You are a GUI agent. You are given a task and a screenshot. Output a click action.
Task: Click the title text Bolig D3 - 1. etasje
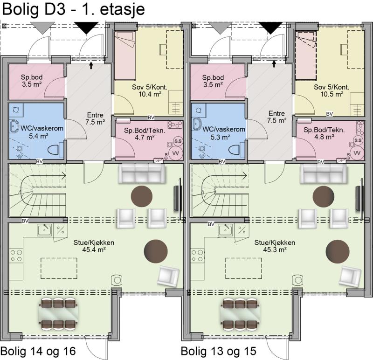tap(73, 9)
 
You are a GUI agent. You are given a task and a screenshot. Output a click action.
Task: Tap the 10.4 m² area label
tap(150, 95)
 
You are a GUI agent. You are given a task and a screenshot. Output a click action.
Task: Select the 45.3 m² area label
tap(275, 249)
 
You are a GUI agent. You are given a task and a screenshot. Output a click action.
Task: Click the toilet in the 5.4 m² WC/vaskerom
tap(55, 150)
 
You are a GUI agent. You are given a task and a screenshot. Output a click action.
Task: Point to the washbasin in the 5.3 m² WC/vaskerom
tap(196, 125)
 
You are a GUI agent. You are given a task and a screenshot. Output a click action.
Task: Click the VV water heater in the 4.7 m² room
tap(176, 153)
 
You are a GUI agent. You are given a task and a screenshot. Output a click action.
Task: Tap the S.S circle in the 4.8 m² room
tap(358, 140)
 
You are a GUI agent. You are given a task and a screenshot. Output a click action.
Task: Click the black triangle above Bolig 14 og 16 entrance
tap(86, 28)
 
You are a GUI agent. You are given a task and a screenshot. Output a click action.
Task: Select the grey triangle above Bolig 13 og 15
tap(220, 28)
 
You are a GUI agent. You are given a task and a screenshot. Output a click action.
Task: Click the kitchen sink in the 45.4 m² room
tap(44, 230)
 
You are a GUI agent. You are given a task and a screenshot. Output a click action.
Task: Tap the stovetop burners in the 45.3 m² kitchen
tap(197, 255)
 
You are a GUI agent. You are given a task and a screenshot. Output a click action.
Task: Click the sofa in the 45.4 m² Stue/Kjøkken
tap(142, 173)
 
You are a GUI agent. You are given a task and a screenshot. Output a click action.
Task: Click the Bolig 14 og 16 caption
tap(38, 351)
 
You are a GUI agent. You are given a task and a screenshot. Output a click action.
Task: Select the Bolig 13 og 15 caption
tap(219, 351)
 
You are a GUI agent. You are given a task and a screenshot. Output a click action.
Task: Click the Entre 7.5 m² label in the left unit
tap(95, 118)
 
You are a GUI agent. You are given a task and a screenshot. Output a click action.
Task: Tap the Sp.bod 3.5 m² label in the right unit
tap(213, 81)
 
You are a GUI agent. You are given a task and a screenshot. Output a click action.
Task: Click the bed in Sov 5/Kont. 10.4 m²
tap(124, 55)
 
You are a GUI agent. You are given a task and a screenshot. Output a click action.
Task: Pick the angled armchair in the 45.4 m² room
tap(168, 276)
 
